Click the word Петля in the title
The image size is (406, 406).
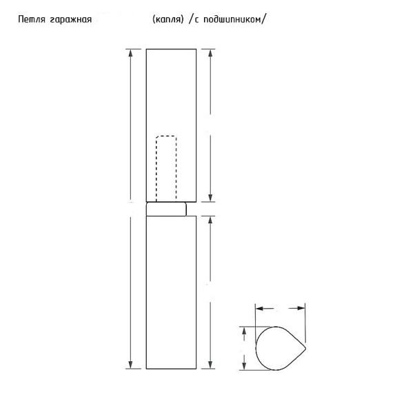pos(35,19)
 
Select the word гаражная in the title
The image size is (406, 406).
pos(72,19)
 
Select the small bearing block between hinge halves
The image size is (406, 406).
pos(166,209)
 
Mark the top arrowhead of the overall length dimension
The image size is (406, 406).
pos(130,52)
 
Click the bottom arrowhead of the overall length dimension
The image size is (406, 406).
pos(130,366)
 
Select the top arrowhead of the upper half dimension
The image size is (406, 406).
pos(211,52)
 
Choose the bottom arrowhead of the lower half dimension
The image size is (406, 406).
pos(211,366)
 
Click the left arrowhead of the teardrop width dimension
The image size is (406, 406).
pos(257,308)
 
